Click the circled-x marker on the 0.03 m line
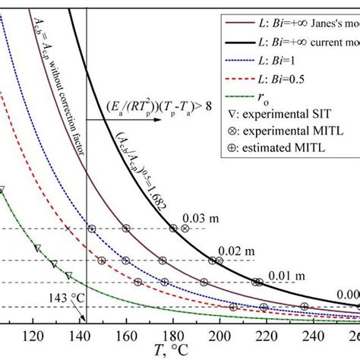coord(185,229)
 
